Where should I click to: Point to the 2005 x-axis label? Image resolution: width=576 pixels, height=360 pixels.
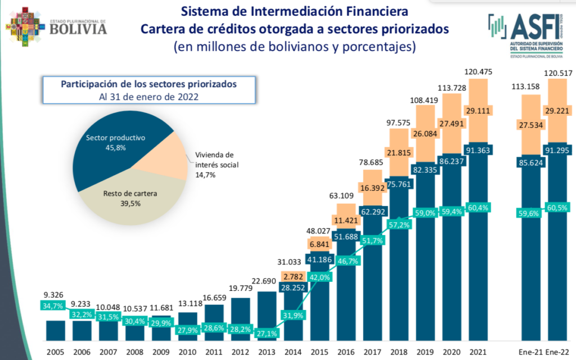coord(55,352)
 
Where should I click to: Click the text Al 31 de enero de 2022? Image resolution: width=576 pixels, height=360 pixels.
coord(149,96)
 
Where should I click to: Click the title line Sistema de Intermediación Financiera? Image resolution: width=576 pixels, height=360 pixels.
coord(294,11)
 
